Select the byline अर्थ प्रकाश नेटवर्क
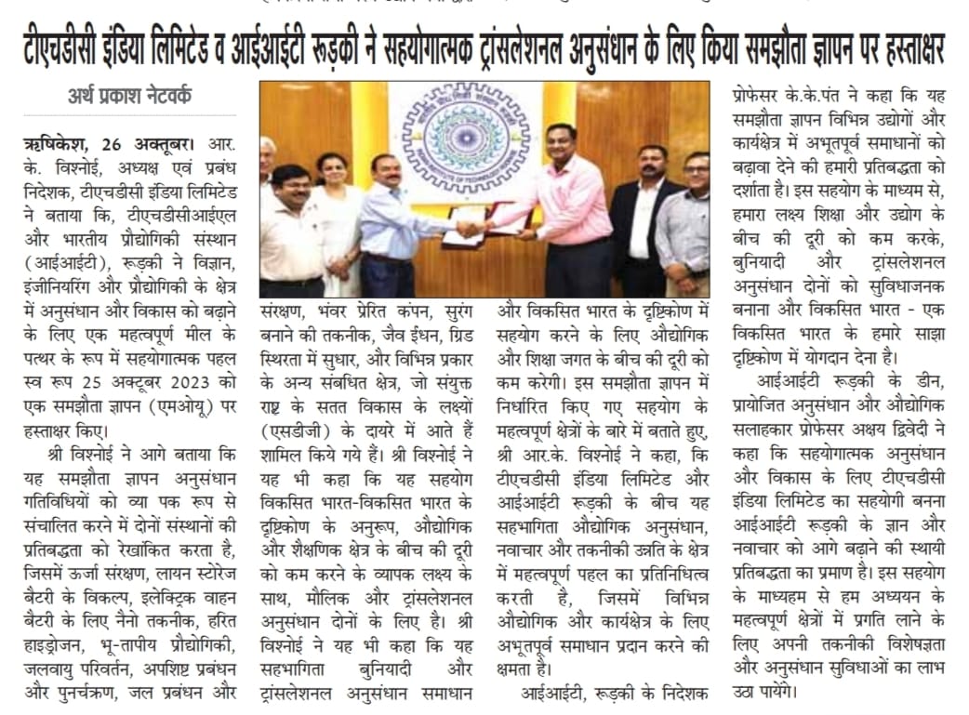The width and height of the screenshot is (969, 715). click(x=131, y=95)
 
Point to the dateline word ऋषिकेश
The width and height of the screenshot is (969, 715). click(x=52, y=147)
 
